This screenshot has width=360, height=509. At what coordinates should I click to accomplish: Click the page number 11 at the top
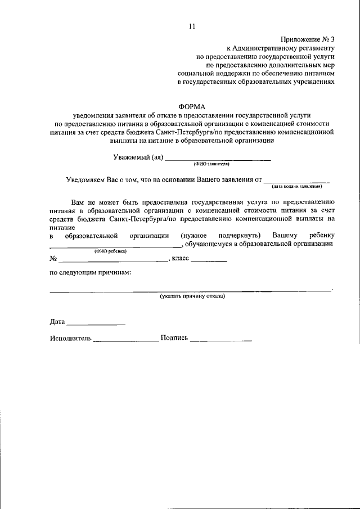(192, 26)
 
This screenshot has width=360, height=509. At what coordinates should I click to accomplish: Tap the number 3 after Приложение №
(332, 39)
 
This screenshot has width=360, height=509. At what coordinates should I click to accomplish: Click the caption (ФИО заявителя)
(211, 165)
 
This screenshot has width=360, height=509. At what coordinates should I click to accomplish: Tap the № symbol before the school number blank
(54, 260)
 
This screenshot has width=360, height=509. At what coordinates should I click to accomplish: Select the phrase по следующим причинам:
(91, 273)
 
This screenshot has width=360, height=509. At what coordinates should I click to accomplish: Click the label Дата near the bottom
(57, 323)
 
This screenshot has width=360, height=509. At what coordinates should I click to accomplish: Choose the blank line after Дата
(96, 325)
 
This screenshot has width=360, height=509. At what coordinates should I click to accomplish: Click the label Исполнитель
(70, 339)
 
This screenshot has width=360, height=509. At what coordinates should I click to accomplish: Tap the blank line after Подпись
(220, 341)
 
